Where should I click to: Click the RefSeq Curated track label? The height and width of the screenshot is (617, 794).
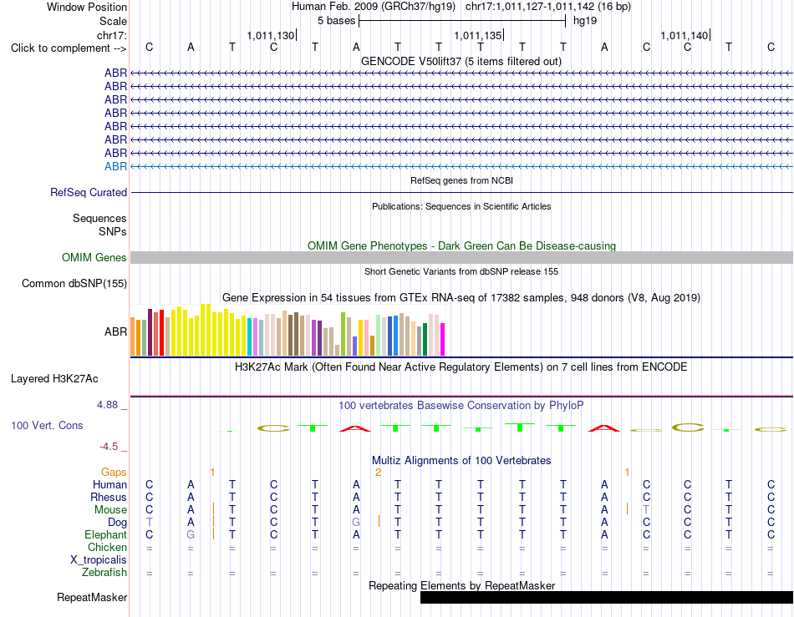(89, 192)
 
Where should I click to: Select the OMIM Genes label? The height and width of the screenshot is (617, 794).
(94, 257)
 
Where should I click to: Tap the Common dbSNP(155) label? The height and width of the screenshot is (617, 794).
(74, 283)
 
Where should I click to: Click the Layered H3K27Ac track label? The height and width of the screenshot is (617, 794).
(54, 379)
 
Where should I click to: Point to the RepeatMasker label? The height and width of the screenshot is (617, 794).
(92, 597)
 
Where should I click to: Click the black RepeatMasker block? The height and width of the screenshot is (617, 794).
(607, 597)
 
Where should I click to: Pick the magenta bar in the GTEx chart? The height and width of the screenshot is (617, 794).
(442, 339)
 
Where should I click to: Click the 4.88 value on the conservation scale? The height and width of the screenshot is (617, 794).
(107, 405)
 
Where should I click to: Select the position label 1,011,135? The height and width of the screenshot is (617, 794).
(477, 35)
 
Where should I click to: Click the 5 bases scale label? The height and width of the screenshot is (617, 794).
(337, 21)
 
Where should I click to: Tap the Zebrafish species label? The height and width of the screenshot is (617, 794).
(104, 573)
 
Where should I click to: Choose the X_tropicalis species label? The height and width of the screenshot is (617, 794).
(99, 560)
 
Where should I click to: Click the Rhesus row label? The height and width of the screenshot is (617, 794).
(109, 497)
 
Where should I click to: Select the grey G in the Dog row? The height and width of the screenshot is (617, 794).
(356, 523)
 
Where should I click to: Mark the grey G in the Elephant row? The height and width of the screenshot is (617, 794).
(191, 534)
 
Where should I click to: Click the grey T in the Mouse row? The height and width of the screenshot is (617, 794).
(646, 510)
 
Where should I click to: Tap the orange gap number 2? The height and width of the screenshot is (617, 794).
(378, 473)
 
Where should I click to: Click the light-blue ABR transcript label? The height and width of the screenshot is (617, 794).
(115, 166)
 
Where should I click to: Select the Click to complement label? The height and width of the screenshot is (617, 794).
(69, 48)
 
